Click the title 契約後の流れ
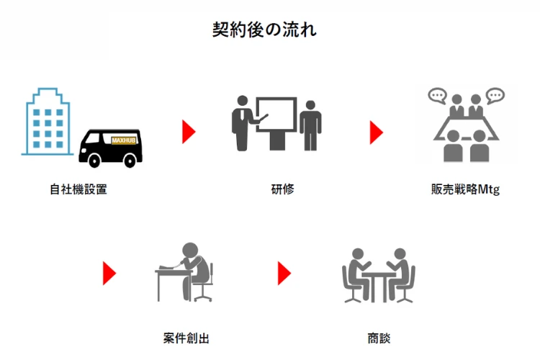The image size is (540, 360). click(x=265, y=30)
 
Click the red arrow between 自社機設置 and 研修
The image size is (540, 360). click(x=189, y=131)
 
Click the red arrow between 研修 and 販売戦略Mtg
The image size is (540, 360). click(x=376, y=131)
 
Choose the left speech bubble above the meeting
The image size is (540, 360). click(x=436, y=96)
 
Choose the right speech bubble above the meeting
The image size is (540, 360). click(x=494, y=95)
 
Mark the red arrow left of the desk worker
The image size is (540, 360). click(x=109, y=273)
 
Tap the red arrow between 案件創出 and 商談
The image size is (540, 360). click(x=284, y=273)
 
